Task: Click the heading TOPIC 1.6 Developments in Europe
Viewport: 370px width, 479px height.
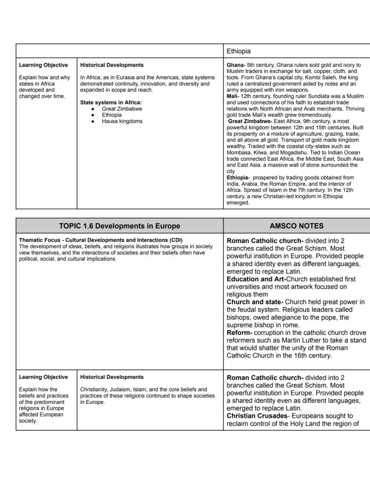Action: [119, 226]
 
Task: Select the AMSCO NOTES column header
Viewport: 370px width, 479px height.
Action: [296, 226]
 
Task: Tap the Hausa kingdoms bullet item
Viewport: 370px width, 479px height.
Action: [122, 121]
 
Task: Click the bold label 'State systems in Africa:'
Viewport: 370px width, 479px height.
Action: [111, 102]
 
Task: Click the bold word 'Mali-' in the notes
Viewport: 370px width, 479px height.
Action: [233, 96]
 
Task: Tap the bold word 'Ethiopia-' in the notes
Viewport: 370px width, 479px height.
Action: [238, 178]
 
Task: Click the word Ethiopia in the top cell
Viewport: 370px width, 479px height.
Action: [239, 51]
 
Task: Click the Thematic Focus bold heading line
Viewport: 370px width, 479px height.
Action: [101, 240]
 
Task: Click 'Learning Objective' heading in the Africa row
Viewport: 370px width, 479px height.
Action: [43, 65]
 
